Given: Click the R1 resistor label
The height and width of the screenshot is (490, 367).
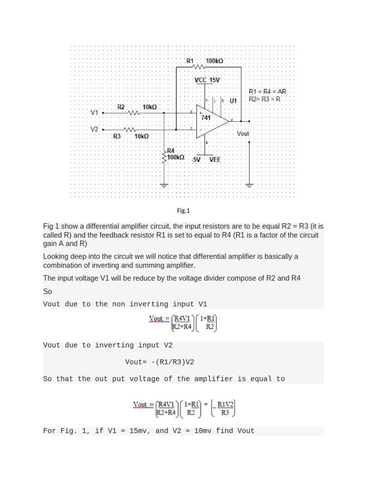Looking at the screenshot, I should pyautogui.click(x=190, y=61).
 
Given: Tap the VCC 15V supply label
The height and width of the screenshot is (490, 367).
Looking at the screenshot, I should pyautogui.click(x=207, y=80).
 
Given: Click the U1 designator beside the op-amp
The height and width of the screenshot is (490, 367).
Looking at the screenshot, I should pyautogui.click(x=233, y=101).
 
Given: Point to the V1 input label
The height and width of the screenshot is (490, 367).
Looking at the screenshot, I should pyautogui.click(x=95, y=112).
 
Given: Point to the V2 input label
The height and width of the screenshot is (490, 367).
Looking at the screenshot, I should pyautogui.click(x=95, y=129).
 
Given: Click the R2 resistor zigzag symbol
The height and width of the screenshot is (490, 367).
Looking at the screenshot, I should pyautogui.click(x=134, y=113).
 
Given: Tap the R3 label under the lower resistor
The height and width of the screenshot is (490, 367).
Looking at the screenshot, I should pyautogui.click(x=117, y=136).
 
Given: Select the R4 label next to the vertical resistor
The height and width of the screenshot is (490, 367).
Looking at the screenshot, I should pyautogui.click(x=171, y=150).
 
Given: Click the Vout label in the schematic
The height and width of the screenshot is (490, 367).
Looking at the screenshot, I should pyautogui.click(x=243, y=134).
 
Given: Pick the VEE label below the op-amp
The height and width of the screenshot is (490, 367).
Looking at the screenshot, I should pyautogui.click(x=215, y=159).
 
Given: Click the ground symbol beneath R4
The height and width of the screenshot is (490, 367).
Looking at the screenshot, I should pyautogui.click(x=164, y=185).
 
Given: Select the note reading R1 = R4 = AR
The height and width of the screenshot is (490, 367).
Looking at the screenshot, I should pyautogui.click(x=268, y=91).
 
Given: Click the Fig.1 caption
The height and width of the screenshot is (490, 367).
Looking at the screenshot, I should pyautogui.click(x=183, y=210).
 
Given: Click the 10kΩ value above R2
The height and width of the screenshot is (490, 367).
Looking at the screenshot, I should pyautogui.click(x=150, y=107).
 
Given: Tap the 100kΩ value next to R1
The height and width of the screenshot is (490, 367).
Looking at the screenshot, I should pyautogui.click(x=214, y=61).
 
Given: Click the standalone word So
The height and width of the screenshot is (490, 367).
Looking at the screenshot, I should pyautogui.click(x=47, y=291).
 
